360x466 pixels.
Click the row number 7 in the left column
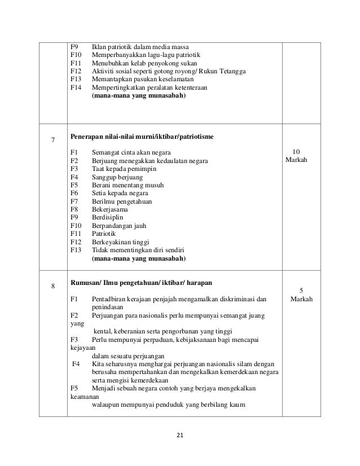click(x=53, y=140)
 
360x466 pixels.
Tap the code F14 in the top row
click(x=76, y=88)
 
